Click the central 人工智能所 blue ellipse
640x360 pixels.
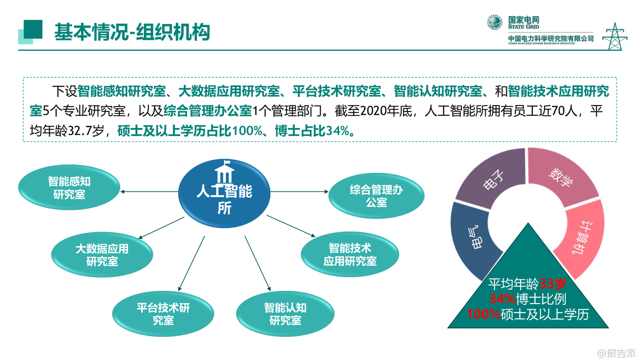click(225, 194)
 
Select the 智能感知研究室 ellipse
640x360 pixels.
click(69, 187)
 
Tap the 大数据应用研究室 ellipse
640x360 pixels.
click(102, 254)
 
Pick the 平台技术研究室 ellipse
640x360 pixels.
click(163, 314)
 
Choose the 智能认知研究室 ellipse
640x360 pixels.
click(285, 314)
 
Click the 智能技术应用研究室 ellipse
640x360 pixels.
click(350, 254)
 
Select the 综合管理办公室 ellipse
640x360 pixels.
click(377, 196)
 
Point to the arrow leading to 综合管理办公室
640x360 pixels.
click(299, 191)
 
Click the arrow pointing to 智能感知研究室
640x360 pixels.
click(149, 191)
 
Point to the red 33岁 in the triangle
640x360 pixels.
click(553, 284)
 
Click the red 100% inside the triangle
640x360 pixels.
click(483, 314)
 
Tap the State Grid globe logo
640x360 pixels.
click(494, 22)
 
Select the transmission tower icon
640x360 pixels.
click(614, 36)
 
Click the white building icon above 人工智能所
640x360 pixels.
click(225, 172)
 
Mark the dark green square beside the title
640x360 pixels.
click(33, 29)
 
